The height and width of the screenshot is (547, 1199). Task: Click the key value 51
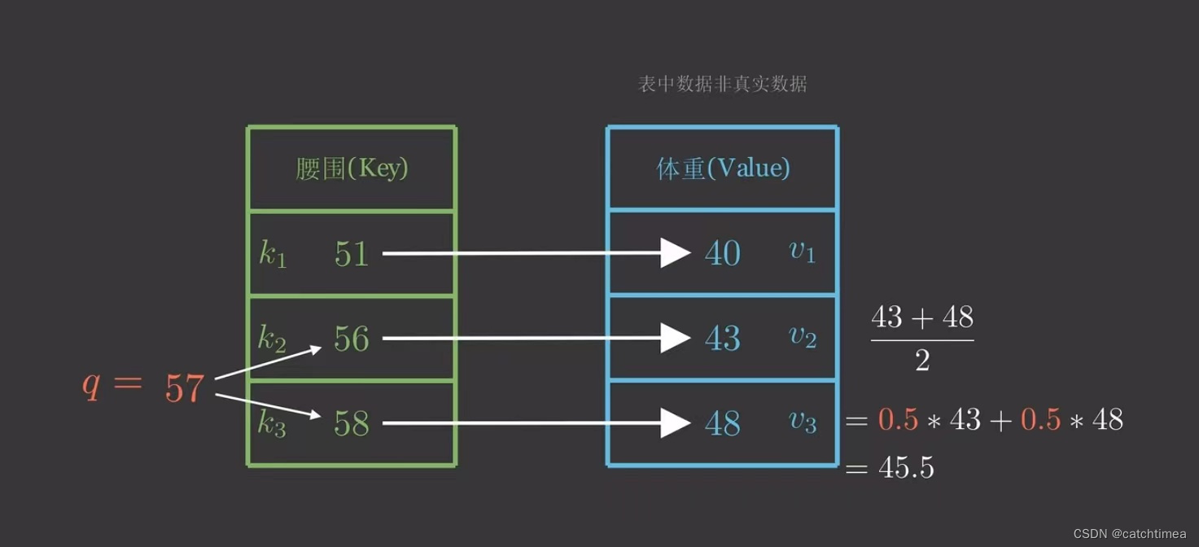[352, 254]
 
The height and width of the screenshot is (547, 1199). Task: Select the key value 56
[352, 339]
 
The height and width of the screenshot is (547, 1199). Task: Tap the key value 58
[352, 423]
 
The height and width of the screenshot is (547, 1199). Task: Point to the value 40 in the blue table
[723, 254]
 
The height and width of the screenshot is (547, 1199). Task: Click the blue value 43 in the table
[723, 339]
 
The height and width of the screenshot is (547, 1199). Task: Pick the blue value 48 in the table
[723, 423]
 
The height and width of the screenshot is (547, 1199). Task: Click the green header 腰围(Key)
[352, 168]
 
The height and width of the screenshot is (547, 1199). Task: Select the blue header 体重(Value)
[723, 168]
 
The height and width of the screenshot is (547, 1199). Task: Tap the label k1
[273, 255]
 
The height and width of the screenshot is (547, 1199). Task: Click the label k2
[273, 339]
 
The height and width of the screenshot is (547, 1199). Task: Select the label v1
[803, 252]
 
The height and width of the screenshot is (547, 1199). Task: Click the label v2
[803, 336]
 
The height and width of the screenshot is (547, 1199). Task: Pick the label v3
[803, 421]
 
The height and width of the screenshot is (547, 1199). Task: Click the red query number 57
[184, 387]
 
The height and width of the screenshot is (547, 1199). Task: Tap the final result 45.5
[906, 467]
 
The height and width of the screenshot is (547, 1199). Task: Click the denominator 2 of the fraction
[922, 360]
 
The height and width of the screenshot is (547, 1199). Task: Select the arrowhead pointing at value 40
[676, 254]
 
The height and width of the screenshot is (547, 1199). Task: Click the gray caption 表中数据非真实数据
[723, 84]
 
